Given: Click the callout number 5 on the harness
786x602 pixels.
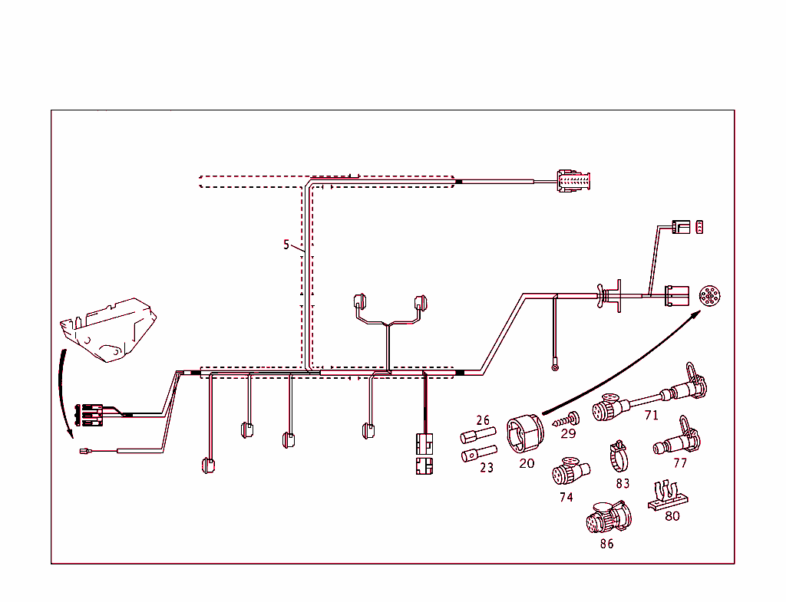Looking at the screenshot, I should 286,245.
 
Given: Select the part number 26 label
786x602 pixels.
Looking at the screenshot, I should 483,420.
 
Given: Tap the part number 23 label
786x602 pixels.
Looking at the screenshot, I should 487,467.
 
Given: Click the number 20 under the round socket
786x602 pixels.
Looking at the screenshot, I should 527,463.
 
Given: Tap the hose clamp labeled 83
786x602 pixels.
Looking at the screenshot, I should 619,458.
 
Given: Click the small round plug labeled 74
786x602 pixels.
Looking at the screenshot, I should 567,470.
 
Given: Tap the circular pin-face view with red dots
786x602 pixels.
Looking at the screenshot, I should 709,297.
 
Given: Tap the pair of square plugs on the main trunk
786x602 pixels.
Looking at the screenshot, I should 424,454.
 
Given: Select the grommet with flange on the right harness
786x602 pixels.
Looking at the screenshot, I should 611,296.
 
